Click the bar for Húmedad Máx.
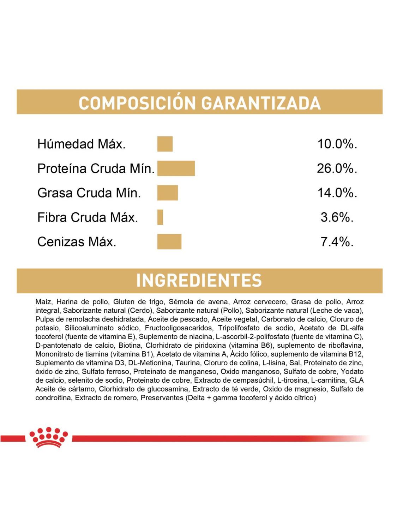[x=165, y=144]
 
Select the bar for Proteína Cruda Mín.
[x=176, y=168]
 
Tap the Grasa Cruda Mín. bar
[x=168, y=193]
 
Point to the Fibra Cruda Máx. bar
[x=160, y=217]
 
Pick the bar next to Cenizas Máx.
[x=169, y=242]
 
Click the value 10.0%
[x=337, y=144]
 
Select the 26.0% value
[x=337, y=169]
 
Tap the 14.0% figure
[x=337, y=193]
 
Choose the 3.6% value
[x=337, y=217]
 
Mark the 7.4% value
[x=337, y=242]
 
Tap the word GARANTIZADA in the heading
[x=261, y=103]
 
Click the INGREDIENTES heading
[x=199, y=281]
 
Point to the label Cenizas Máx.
[x=77, y=242]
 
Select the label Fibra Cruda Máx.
[x=88, y=217]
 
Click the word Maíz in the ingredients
[x=44, y=302]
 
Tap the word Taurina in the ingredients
[x=186, y=363]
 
